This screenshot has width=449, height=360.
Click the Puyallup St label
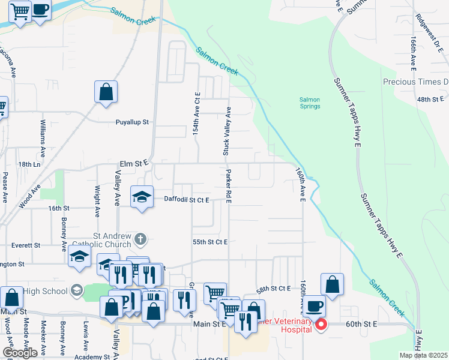[x=132, y=122]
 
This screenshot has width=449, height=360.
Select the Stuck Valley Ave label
[x=227, y=131]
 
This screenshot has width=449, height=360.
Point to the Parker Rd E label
[x=229, y=186]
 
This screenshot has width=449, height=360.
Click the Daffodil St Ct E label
[x=186, y=200]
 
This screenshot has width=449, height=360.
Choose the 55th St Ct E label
[x=210, y=242]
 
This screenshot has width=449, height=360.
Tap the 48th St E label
[x=430, y=99]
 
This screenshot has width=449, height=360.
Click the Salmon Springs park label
[x=310, y=103]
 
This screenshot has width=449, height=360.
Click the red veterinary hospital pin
[x=321, y=325]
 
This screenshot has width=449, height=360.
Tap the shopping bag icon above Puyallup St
[x=106, y=92]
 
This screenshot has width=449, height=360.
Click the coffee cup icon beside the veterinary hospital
[x=313, y=306]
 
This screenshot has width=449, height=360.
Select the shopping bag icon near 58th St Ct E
[x=332, y=284]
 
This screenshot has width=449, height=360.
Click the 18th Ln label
[x=29, y=164]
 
